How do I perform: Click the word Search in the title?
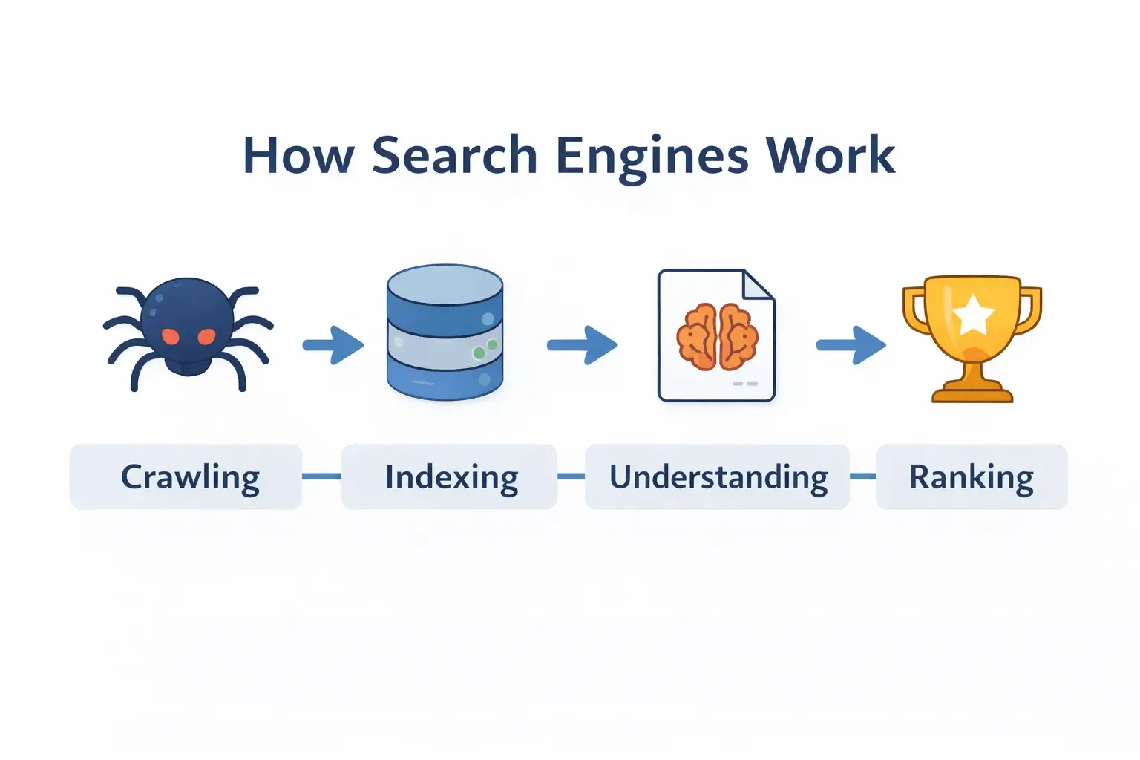coord(454,156)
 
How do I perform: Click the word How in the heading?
coord(298,156)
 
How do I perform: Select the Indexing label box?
coord(449,477)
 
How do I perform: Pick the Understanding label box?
coord(717,477)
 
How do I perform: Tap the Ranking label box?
coord(972,477)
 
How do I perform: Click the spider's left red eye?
coord(171,336)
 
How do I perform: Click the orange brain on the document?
coord(717,336)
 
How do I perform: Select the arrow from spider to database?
coord(333,345)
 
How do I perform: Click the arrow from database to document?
coord(583,345)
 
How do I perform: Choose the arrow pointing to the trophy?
coord(851,345)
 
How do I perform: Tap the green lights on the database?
coord(485,349)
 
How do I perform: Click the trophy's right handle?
coord(1030,308)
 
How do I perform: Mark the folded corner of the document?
coord(759,285)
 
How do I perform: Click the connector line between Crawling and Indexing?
coord(321,476)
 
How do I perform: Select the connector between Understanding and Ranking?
coord(862,476)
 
